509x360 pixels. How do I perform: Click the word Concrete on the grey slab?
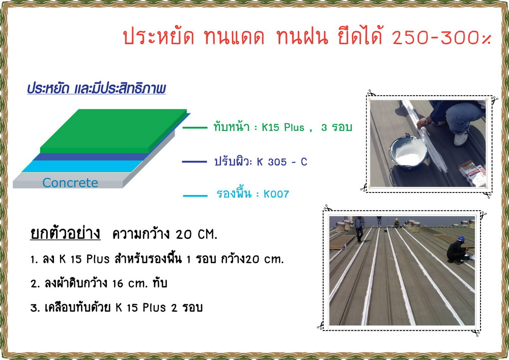[70, 183]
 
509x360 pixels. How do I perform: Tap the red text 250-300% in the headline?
[442, 37]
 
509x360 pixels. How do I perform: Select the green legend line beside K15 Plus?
[195, 128]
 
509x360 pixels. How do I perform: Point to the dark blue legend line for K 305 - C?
[194, 161]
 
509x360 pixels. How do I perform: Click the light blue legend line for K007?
[195, 196]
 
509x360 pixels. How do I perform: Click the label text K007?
[276, 194]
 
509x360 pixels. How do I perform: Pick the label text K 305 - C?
[282, 161]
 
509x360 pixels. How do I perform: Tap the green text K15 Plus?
[283, 127]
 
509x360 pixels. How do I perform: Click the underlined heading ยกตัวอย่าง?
[65, 233]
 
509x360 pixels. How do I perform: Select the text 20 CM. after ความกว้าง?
[196, 234]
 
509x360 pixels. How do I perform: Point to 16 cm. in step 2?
[130, 284]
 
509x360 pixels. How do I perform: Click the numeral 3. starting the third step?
[35, 308]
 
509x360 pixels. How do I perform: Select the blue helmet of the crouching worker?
[461, 239]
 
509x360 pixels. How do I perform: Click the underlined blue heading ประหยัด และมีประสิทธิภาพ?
[96, 88]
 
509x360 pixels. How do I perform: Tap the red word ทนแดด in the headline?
[234, 36]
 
